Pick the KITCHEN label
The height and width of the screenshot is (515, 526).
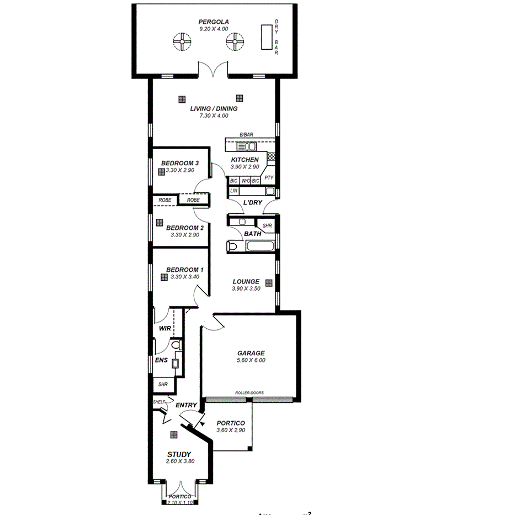click(245, 160)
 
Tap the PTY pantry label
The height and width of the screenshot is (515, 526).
click(269, 177)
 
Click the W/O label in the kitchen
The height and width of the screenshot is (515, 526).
click(245, 181)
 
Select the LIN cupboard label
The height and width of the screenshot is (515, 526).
click(233, 191)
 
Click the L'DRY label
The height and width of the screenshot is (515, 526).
click(252, 203)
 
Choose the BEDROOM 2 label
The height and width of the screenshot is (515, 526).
click(185, 228)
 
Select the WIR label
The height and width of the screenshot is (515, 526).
click(165, 328)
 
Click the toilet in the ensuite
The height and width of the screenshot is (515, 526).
click(176, 345)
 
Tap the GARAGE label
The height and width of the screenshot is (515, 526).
click(251, 353)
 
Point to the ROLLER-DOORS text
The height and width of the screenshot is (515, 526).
click(249, 393)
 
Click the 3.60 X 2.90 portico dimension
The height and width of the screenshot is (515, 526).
click(231, 430)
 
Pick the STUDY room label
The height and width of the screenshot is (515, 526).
click(180, 454)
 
